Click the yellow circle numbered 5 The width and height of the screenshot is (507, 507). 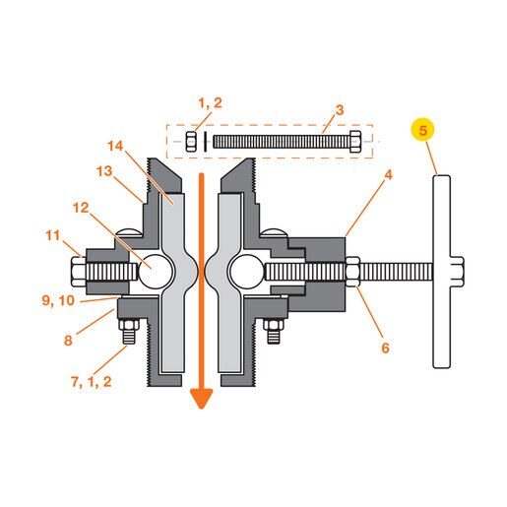click(x=422, y=130)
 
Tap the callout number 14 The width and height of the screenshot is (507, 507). click(x=115, y=146)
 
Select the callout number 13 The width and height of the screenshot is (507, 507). click(x=104, y=171)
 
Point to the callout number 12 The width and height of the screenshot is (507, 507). click(x=81, y=208)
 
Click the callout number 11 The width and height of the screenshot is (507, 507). click(x=53, y=235)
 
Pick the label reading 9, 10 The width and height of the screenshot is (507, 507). click(x=58, y=300)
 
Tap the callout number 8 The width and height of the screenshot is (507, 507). click(x=68, y=341)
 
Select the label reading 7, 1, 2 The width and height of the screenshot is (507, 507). click(x=92, y=382)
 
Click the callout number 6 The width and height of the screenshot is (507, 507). click(x=385, y=348)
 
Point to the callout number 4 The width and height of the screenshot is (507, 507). click(x=388, y=175)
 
